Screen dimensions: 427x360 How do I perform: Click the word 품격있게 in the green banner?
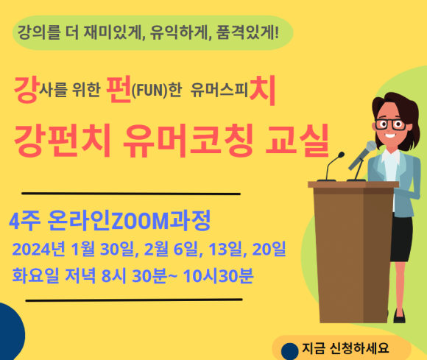(247, 32)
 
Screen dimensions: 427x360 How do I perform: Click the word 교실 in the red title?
(297, 141)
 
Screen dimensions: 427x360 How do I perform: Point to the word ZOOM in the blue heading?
(141, 221)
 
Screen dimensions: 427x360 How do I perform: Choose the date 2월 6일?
(171, 249)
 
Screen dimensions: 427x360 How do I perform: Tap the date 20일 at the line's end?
(269, 249)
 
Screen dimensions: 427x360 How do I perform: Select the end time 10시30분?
(218, 276)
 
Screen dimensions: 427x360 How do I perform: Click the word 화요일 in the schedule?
(35, 275)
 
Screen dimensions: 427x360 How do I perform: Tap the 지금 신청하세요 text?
(345, 348)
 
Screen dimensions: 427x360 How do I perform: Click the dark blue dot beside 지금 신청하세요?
(290, 352)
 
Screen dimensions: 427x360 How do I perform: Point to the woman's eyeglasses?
(390, 124)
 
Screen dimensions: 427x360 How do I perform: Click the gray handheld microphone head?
(371, 147)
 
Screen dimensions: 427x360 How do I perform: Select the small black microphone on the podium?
(331, 166)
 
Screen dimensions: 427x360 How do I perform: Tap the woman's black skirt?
(401, 239)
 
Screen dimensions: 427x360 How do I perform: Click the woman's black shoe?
(399, 317)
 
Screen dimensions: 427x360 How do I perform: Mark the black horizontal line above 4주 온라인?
(131, 194)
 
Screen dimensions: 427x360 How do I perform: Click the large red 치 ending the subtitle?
(262, 91)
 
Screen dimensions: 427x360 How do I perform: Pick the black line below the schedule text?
(134, 300)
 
